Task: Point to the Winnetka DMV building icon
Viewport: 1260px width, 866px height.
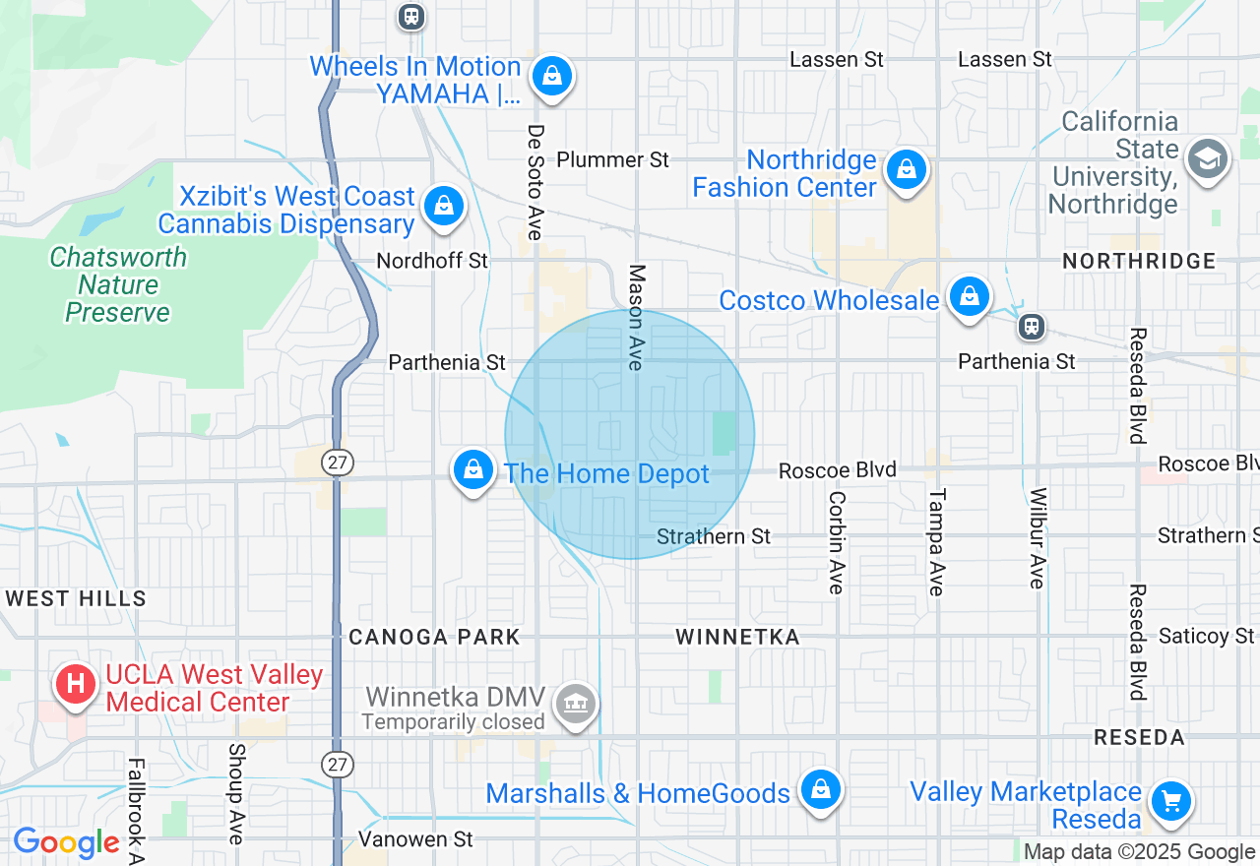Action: point(577,704)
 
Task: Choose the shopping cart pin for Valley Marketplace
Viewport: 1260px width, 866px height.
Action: point(1170,800)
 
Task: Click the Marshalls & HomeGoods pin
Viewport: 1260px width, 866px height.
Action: point(819,790)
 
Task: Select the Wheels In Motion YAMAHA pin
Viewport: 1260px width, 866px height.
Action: point(552,76)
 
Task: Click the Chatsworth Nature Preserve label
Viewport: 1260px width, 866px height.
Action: point(118,285)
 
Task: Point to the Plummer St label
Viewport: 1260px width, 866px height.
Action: point(612,159)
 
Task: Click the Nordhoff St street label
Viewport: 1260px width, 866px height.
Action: point(432,261)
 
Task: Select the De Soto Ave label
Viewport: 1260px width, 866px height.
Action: point(535,182)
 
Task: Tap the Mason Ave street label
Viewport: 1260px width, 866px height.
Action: point(637,317)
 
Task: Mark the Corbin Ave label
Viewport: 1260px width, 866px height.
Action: point(837,542)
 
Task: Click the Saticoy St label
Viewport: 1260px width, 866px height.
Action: point(1206,637)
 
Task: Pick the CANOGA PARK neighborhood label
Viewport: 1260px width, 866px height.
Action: point(434,637)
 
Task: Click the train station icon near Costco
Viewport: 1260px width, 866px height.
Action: point(1032,326)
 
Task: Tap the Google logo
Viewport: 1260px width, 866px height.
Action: point(66,843)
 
